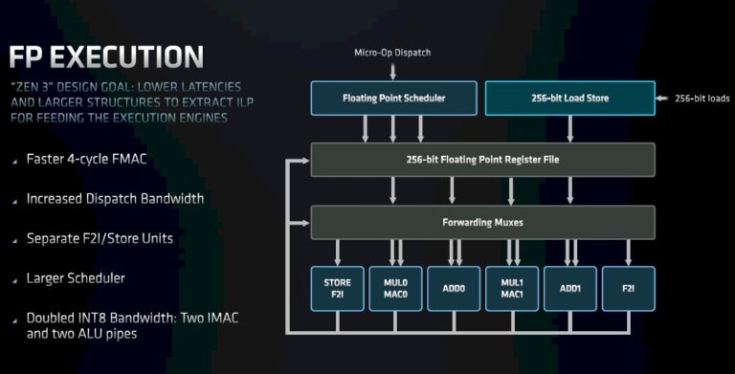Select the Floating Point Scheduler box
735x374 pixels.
[393, 98]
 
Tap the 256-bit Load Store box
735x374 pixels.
[569, 98]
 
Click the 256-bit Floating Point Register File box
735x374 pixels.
[482, 160]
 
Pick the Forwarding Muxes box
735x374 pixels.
[482, 222]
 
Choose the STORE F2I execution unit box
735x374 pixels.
[337, 288]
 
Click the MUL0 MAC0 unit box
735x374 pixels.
[395, 288]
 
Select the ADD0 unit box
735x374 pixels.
[454, 288]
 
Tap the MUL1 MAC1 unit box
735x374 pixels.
[512, 288]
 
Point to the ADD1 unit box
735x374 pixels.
[570, 288]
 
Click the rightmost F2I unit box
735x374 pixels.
[629, 288]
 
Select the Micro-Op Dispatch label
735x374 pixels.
[393, 53]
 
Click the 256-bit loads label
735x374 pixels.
[703, 98]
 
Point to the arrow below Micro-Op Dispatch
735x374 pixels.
[393, 70]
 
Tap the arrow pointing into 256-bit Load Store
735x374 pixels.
[663, 98]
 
